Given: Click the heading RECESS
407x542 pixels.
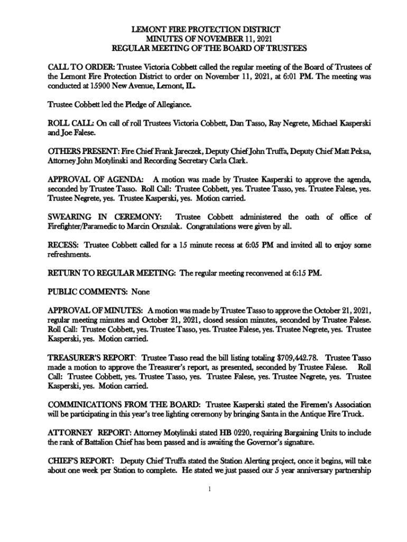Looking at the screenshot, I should pos(63,246).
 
